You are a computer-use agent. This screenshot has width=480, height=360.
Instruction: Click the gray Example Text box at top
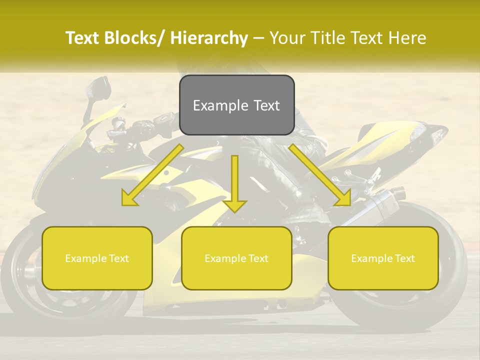(x=236, y=105)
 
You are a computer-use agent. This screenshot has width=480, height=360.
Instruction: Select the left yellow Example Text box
(x=97, y=258)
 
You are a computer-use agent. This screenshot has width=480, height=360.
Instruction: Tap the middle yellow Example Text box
(x=236, y=258)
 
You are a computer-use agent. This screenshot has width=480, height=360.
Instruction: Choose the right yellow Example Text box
(x=383, y=258)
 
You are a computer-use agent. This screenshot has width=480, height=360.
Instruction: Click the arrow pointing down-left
(x=152, y=175)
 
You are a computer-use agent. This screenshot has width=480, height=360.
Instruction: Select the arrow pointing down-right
(x=320, y=175)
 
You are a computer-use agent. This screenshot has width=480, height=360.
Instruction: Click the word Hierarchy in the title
(x=209, y=38)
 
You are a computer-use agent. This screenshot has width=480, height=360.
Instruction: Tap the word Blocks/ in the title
(x=137, y=38)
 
